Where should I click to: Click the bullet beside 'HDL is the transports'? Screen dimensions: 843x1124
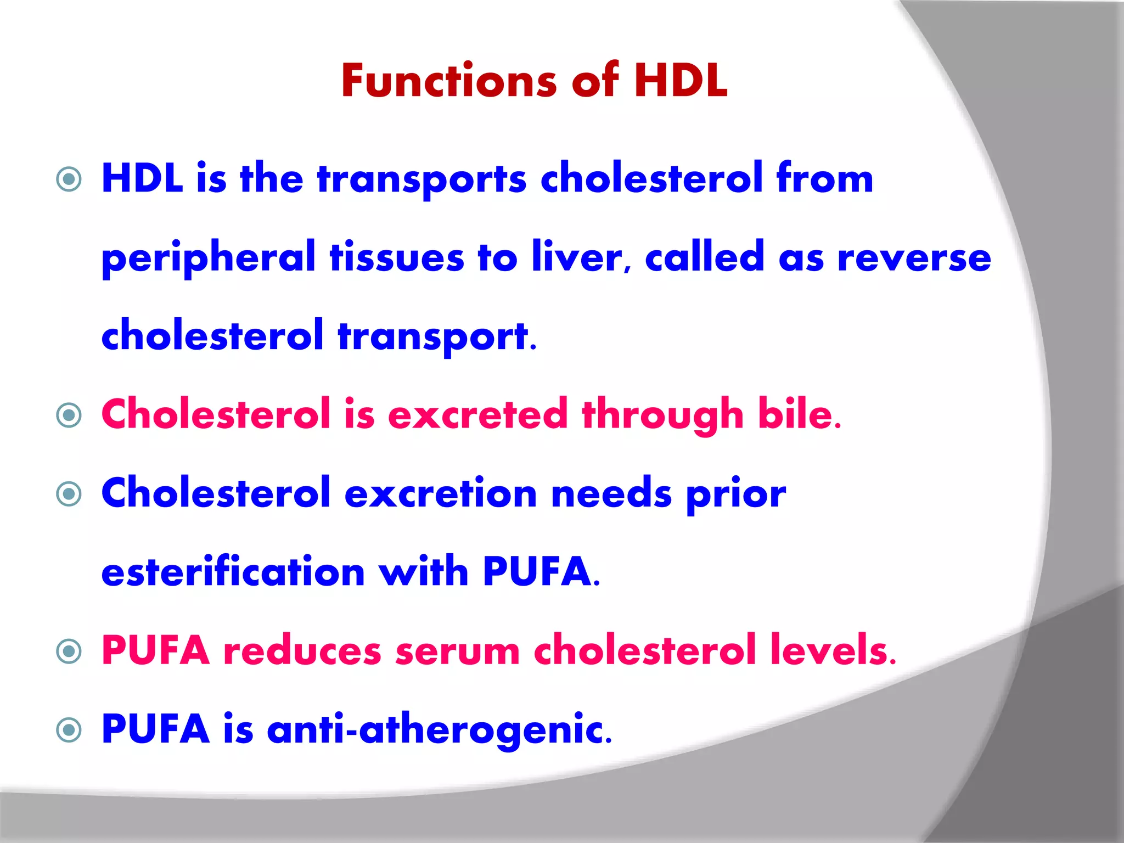69,179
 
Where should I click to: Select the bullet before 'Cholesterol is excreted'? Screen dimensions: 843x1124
69,415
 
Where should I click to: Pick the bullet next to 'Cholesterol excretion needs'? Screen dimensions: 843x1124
69,494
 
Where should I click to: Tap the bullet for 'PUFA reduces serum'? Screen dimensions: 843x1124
69,651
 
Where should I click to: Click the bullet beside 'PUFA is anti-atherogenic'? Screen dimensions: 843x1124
69,730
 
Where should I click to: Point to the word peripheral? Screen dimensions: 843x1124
209,258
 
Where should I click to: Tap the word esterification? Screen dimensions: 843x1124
233,572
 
